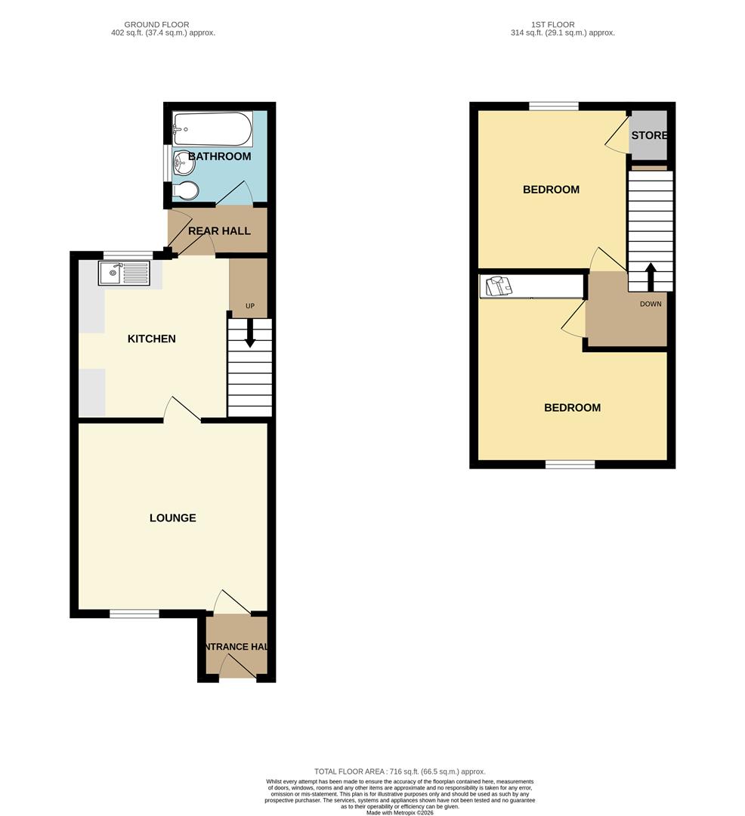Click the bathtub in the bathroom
212,128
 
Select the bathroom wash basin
182,161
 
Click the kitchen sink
125,272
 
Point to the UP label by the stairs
249,306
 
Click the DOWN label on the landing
651,304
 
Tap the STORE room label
649,136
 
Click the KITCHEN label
151,338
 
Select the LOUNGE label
172,518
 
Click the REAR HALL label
219,230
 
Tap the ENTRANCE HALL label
236,647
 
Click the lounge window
134,614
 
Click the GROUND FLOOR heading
156,25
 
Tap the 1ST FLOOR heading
552,25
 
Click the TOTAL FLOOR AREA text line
400,771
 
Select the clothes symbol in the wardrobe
499,286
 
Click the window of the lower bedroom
570,464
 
